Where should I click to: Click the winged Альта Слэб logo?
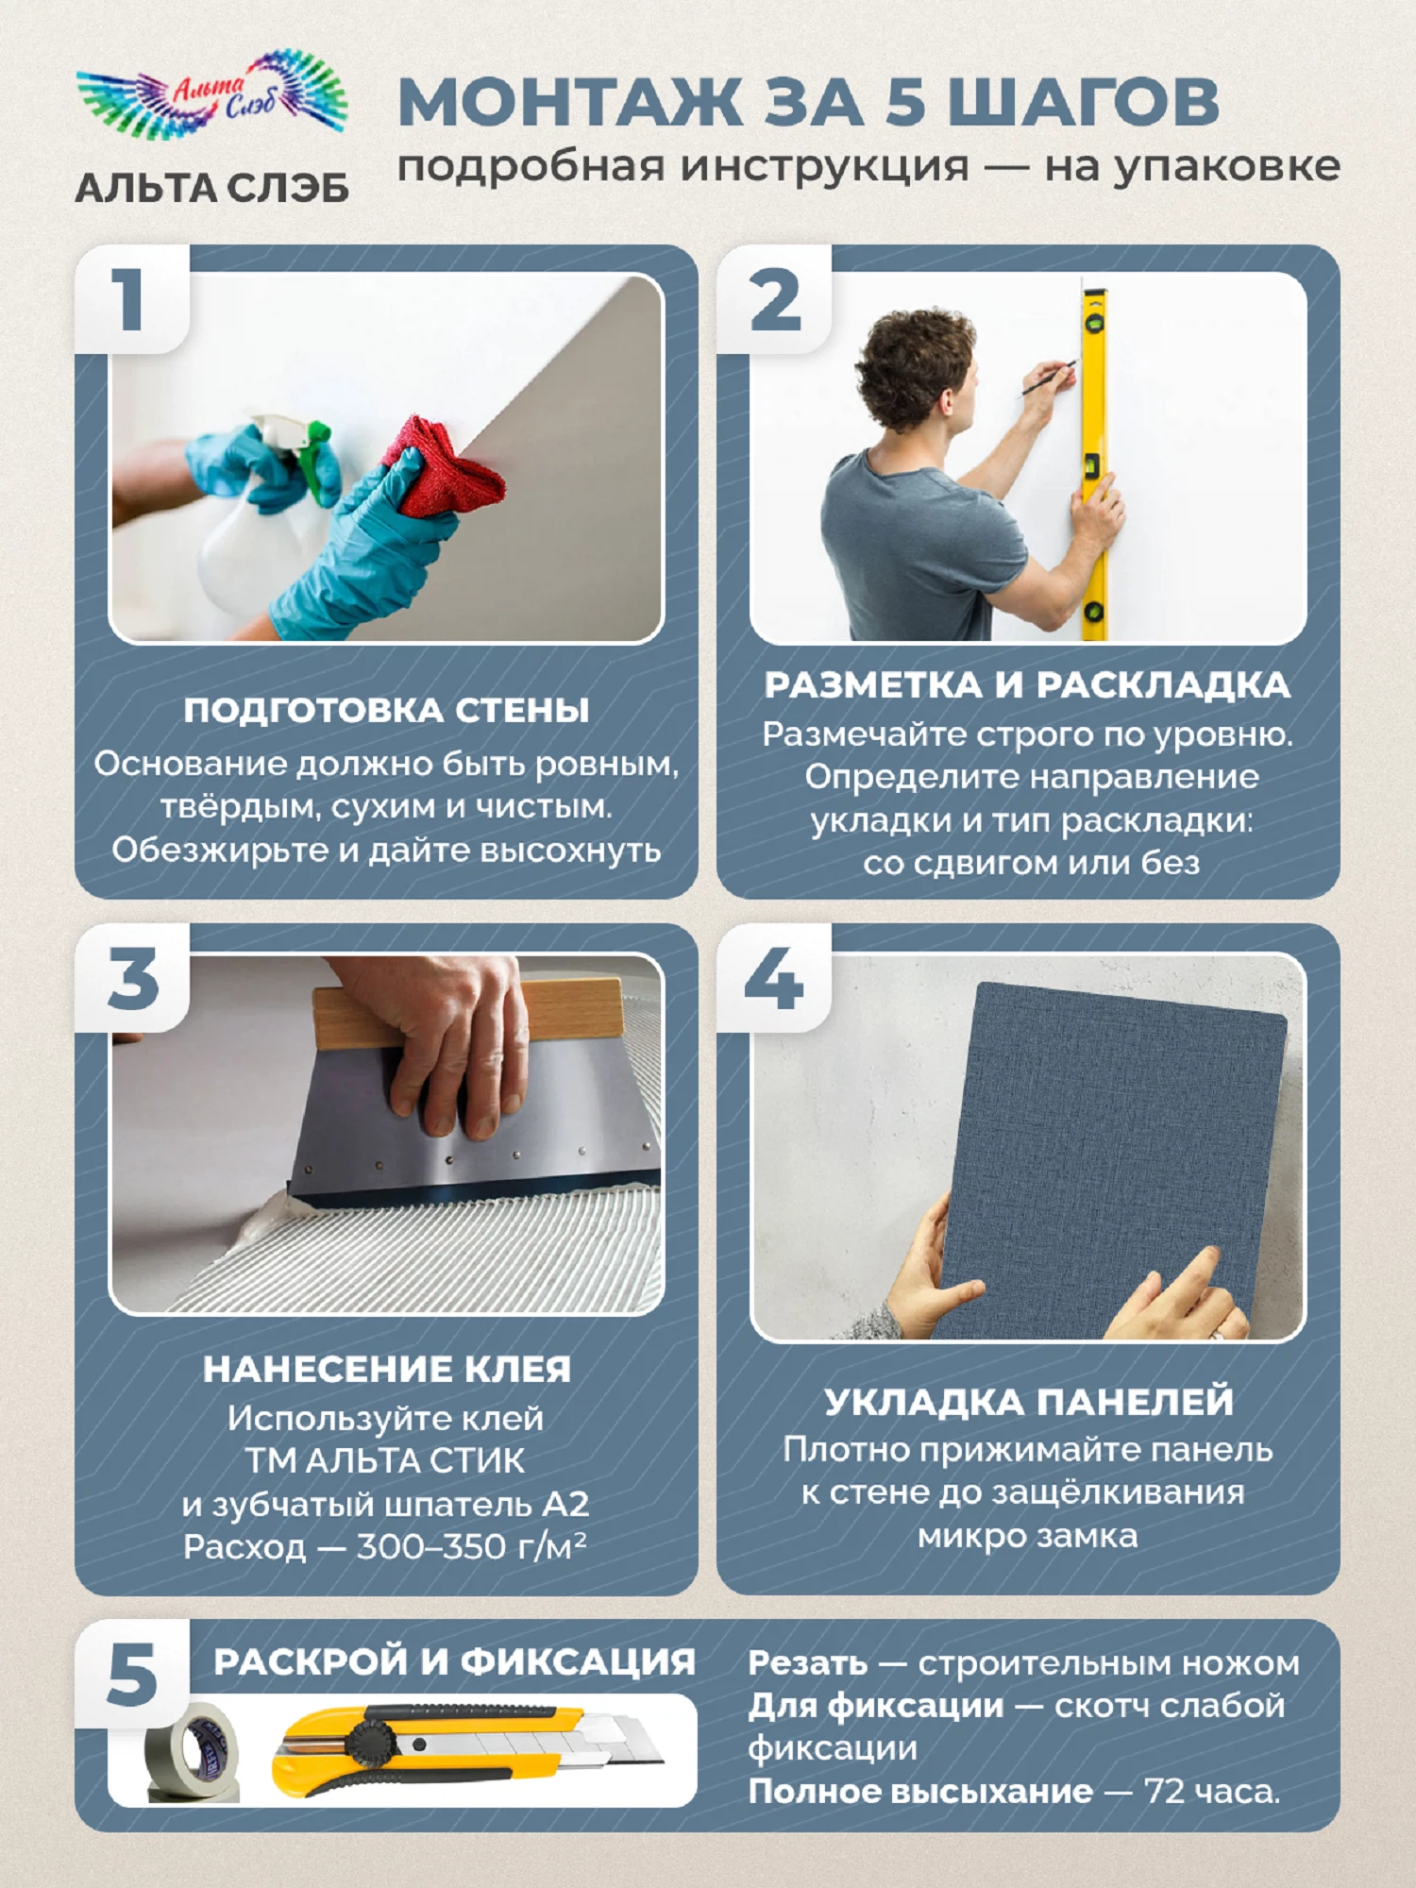point(212,93)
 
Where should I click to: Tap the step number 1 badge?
point(129,299)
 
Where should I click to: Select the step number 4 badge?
point(773,978)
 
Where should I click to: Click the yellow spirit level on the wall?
point(1094,463)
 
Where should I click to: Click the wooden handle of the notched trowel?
point(467,1015)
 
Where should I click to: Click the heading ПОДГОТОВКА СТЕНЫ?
point(386,710)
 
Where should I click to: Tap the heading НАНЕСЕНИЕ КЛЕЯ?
point(386,1369)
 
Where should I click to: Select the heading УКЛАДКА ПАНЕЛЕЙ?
point(1028,1401)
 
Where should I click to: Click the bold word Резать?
point(807,1663)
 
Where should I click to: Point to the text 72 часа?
point(1212,1791)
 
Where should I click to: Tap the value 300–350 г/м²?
point(471,1546)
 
